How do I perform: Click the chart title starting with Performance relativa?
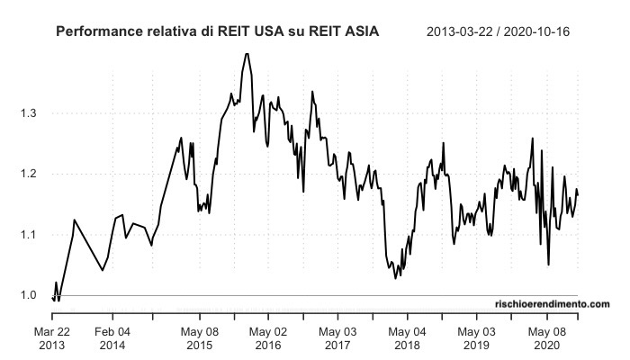[x=217, y=31]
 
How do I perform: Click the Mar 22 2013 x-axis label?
[x=52, y=337]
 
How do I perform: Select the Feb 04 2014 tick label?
[x=112, y=337]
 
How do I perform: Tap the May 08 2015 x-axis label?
[x=200, y=337]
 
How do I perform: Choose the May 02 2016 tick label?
[x=267, y=337]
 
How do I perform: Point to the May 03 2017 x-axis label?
[x=337, y=337]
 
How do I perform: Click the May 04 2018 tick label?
[x=406, y=337]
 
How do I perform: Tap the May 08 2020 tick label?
[x=544, y=337]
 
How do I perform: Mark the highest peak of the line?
[x=246, y=53]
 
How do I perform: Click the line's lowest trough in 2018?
[x=396, y=278]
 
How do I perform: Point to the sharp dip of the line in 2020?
[x=548, y=265]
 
